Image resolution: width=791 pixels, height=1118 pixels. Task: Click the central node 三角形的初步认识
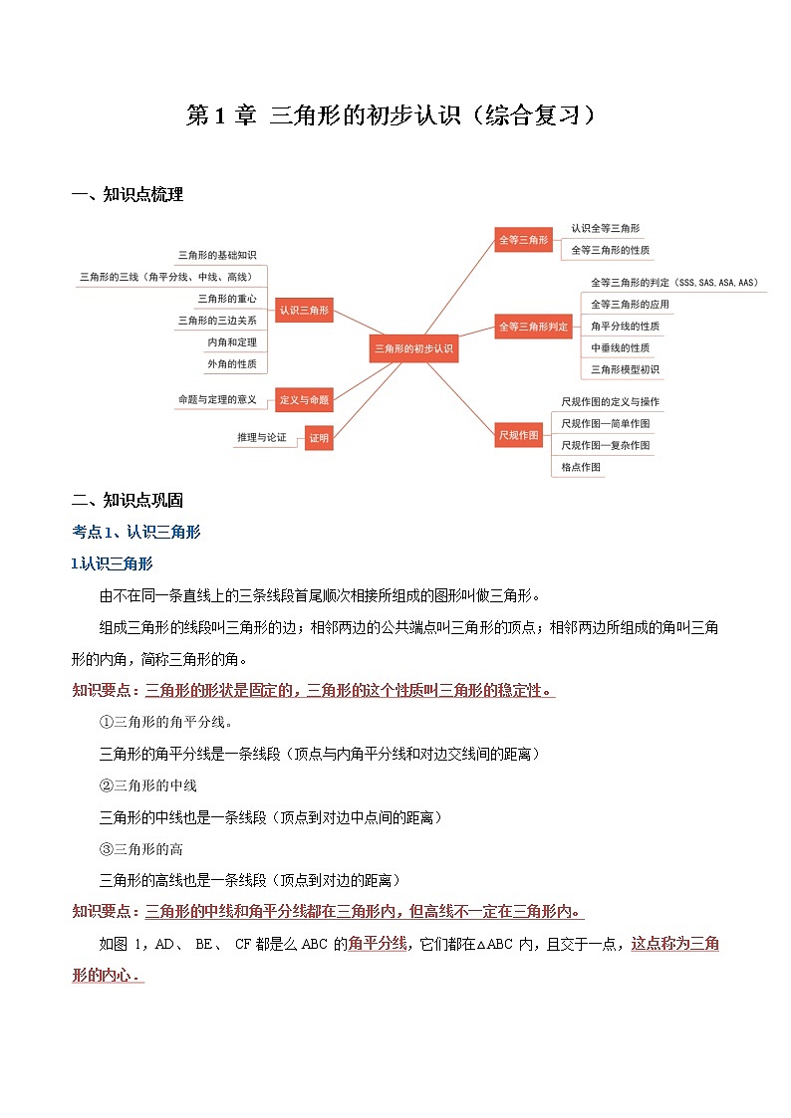click(412, 348)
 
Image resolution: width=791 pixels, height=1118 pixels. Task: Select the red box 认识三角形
click(304, 311)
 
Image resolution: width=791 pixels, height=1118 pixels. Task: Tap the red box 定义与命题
click(304, 399)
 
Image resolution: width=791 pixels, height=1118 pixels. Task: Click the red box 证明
click(318, 437)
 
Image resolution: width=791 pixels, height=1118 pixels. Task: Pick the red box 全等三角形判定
click(533, 326)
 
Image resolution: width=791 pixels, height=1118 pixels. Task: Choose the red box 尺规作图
click(518, 435)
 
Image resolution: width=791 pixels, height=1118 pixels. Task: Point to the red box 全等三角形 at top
click(523, 239)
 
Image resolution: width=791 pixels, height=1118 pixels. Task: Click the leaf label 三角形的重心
click(227, 299)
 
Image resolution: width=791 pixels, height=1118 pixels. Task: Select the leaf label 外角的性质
click(232, 364)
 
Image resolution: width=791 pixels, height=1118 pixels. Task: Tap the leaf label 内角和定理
click(232, 342)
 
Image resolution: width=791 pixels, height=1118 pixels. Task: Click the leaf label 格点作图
click(581, 467)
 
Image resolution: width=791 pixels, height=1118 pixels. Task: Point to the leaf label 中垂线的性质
click(620, 347)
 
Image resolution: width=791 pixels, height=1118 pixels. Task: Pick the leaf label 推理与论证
click(261, 437)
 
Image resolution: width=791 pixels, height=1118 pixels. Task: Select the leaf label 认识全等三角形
click(605, 228)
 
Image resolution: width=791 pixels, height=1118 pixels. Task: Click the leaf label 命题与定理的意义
click(217, 399)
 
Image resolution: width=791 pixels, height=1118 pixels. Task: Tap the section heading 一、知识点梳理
click(128, 195)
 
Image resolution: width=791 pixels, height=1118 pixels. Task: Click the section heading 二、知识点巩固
click(128, 500)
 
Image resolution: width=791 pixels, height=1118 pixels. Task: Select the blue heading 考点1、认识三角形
click(136, 532)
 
